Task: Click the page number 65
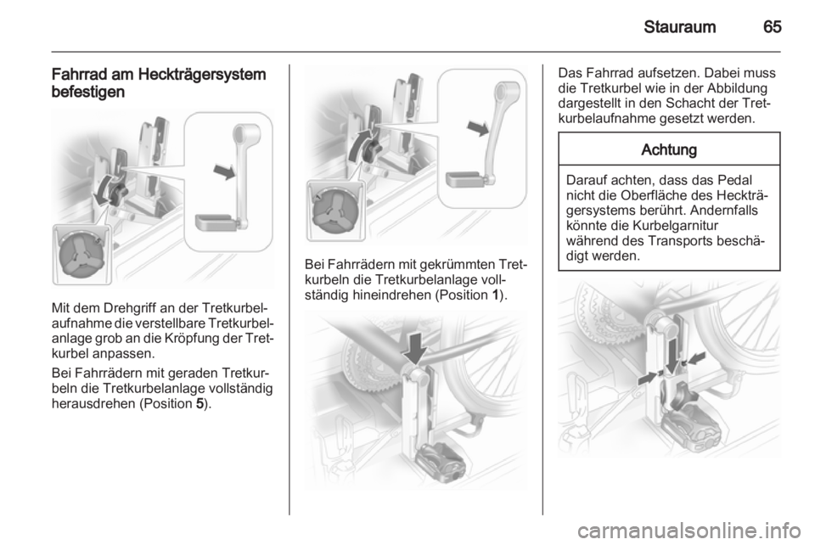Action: coord(773,27)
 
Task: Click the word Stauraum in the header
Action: coord(679,27)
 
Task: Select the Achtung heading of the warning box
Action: coord(669,149)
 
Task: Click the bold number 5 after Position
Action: coord(200,404)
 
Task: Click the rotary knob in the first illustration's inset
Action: coord(82,255)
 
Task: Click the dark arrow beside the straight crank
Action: coord(224,171)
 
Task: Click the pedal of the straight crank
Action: coord(216,222)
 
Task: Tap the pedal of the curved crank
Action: coord(466,180)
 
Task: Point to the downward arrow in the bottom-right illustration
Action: coord(672,357)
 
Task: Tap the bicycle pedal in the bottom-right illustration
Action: coord(691,428)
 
